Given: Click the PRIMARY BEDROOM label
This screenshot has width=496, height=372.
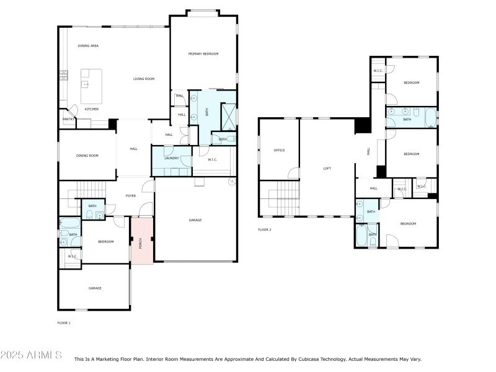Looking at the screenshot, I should (x=203, y=55).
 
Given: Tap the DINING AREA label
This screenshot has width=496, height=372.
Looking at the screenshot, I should (x=88, y=46).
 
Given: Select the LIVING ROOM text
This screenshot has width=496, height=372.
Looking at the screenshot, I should (x=144, y=79).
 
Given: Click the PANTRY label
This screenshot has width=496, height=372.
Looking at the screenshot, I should (x=68, y=120).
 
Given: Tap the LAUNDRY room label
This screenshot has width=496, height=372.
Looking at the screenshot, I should (x=172, y=158).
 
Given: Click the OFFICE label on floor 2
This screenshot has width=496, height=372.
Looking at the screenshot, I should (x=279, y=150).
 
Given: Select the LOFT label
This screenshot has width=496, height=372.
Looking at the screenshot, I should (x=327, y=168).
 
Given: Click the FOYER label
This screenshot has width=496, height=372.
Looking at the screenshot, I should (x=131, y=196).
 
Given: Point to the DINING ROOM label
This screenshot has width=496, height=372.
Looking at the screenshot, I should (x=87, y=156).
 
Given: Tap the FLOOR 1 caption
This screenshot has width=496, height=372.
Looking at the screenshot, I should (x=64, y=323).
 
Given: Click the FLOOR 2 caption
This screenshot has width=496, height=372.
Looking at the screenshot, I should (x=265, y=229).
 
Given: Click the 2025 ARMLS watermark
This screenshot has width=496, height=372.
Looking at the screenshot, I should (x=31, y=355).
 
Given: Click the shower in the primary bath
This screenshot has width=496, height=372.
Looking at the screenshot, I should (x=229, y=115).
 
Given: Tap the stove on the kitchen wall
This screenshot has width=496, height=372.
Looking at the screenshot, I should (x=63, y=76).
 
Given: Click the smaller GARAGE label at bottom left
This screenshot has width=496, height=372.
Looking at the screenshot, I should (x=95, y=288).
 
